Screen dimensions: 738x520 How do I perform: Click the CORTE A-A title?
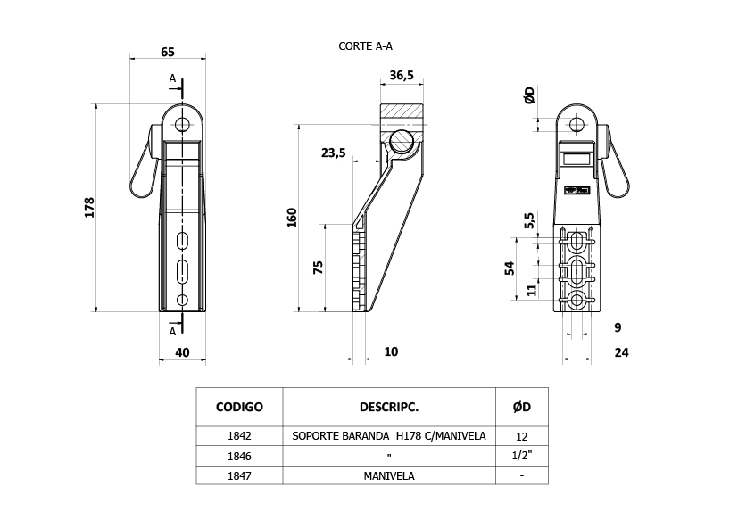click(x=365, y=46)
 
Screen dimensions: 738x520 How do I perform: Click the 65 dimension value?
click(x=168, y=52)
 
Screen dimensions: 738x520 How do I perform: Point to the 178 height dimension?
click(x=89, y=208)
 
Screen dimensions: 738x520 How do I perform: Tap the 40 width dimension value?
click(x=182, y=352)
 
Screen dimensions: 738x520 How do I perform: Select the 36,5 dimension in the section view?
click(x=402, y=75)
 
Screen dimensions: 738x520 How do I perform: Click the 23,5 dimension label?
click(x=333, y=153)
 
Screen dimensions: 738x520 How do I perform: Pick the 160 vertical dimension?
click(x=293, y=218)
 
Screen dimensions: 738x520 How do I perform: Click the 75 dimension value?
click(x=319, y=268)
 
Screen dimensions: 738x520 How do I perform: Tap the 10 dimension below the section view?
click(x=391, y=352)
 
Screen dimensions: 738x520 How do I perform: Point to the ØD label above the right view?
click(x=529, y=95)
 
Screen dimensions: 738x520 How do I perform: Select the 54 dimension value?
click(x=510, y=268)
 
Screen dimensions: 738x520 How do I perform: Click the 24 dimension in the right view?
click(x=622, y=352)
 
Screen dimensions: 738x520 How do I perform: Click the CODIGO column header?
click(x=239, y=407)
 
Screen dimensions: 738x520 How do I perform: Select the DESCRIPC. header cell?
click(x=389, y=407)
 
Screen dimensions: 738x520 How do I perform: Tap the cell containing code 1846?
click(x=239, y=456)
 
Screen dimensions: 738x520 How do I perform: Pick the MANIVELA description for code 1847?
click(x=389, y=476)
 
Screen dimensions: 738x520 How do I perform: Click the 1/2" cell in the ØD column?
click(x=521, y=456)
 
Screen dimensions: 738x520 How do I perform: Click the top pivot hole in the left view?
click(x=182, y=125)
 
